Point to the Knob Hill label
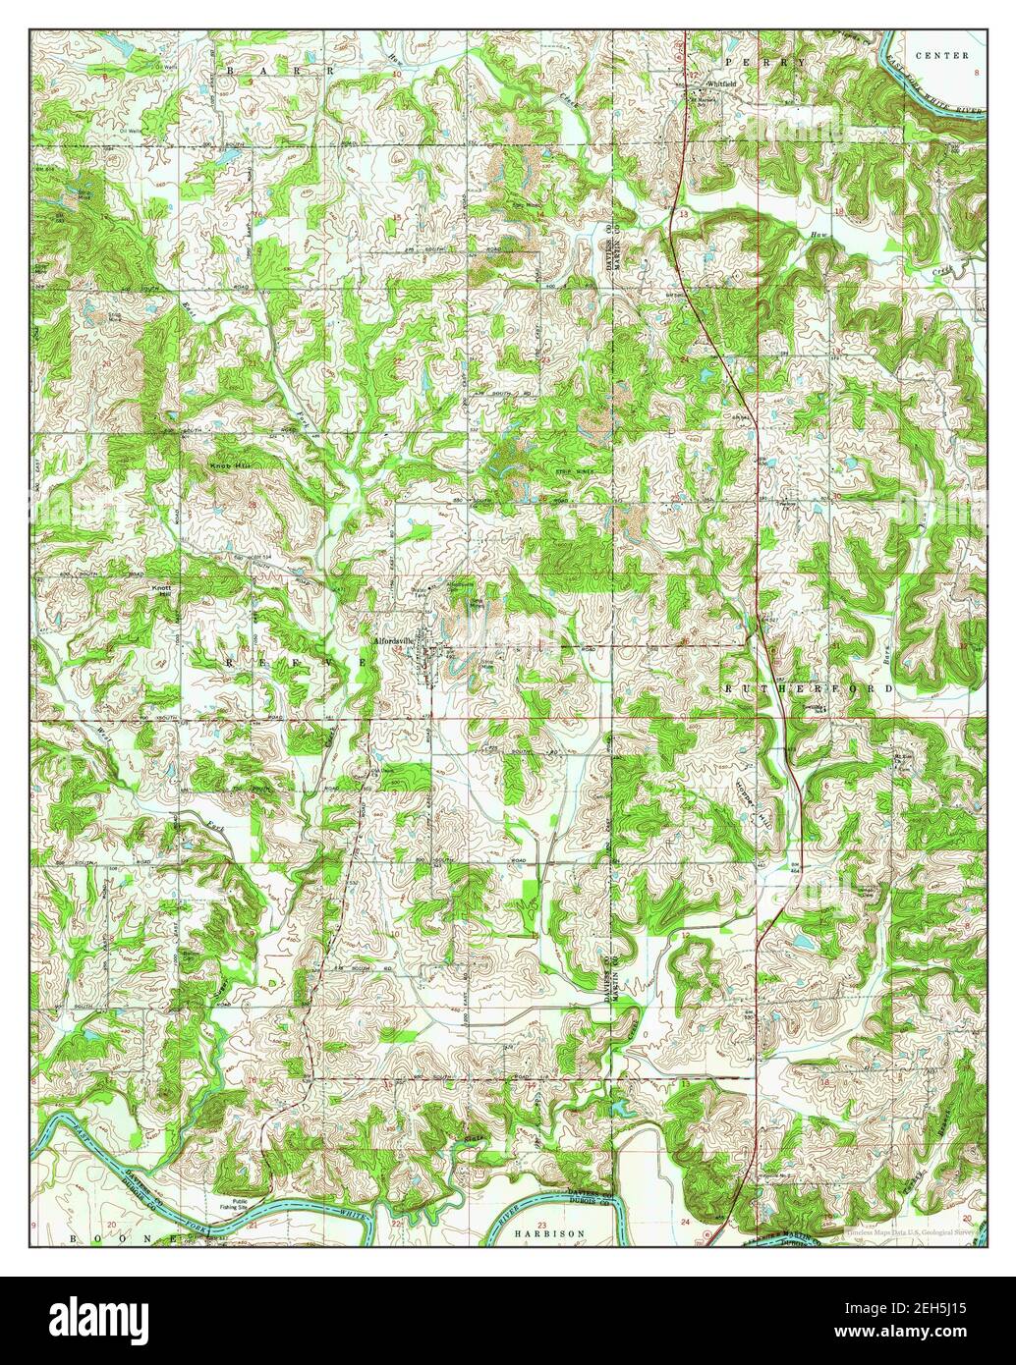point(225,468)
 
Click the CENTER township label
point(940,56)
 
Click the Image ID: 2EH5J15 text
point(907,1309)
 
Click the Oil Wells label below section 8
point(131,129)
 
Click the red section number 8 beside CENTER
point(977,73)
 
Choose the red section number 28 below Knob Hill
point(253,505)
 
